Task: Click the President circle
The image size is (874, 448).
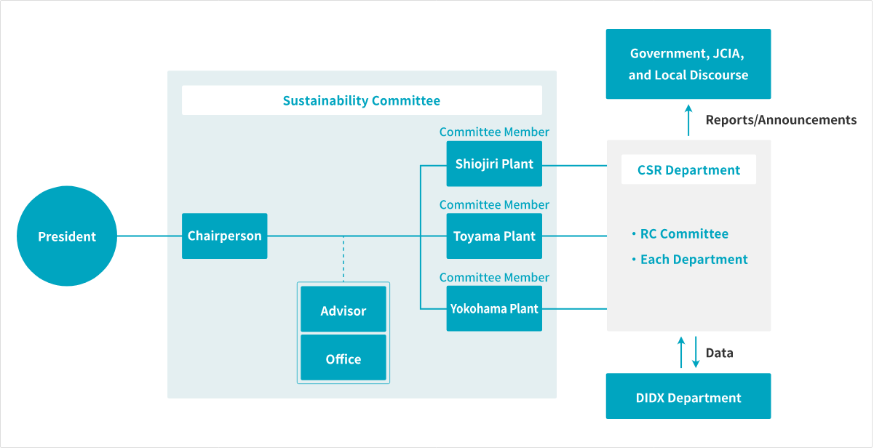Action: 67,236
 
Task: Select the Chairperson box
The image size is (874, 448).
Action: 224,236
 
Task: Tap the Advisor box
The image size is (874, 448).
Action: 343,310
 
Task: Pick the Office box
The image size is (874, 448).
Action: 343,358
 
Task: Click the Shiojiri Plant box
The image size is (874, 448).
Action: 494,164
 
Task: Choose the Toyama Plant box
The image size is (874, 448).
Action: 494,236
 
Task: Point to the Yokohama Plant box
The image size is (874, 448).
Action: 494,308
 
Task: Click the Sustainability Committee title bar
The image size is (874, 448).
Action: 362,100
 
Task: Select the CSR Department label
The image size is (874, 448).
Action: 688,170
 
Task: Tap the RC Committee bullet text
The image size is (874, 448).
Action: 683,233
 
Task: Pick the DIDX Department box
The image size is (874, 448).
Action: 688,397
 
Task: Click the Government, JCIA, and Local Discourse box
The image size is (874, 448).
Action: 688,64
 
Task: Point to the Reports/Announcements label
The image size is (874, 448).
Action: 781,120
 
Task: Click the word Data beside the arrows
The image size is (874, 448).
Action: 719,353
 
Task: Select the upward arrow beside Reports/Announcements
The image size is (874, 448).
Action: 688,119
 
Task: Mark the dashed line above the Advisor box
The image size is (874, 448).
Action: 343,259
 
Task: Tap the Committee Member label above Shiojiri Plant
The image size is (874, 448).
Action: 494,132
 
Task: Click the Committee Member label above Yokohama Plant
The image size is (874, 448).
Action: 494,277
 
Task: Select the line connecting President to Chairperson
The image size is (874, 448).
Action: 149,236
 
